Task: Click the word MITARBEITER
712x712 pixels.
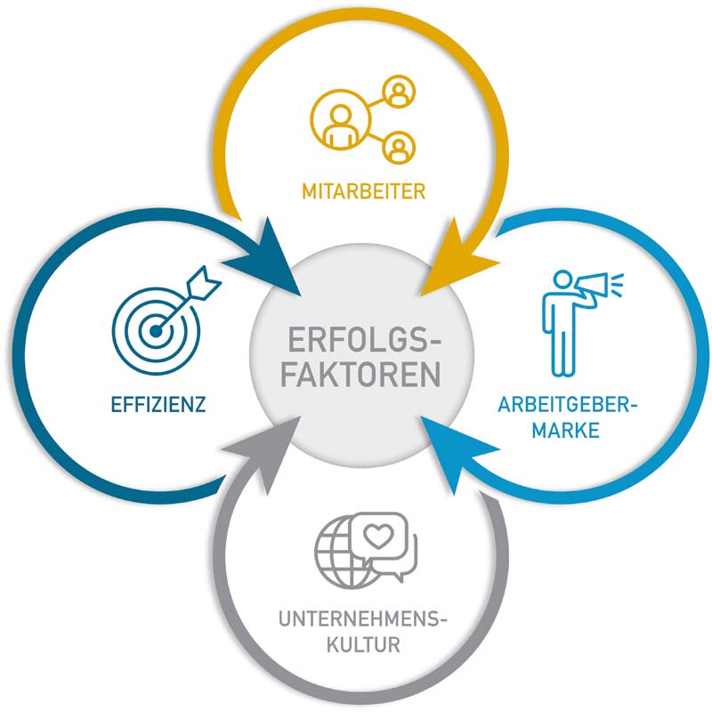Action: [364, 191]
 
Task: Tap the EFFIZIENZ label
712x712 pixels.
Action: [158, 404]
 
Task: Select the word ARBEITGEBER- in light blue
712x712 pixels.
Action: [567, 404]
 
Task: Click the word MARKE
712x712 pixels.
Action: [566, 430]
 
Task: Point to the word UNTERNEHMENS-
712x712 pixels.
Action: [363, 619]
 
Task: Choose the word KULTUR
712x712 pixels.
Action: [363, 644]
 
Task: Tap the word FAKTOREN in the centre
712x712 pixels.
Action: [361, 374]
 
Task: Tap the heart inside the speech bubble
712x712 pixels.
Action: [379, 536]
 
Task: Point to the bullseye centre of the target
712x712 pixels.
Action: [156, 331]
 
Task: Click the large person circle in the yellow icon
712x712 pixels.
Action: [341, 120]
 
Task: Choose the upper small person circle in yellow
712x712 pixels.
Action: [399, 91]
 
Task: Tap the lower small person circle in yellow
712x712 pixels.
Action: [399, 148]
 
